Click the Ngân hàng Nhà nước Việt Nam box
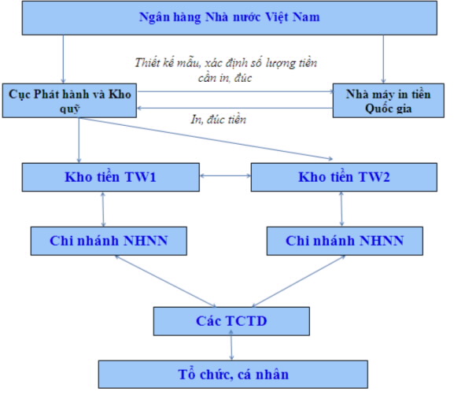230,18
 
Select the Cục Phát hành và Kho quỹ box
69,101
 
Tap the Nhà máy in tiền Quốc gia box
388,101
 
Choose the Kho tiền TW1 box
111,177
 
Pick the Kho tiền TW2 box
344,177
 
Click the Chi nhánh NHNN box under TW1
109,241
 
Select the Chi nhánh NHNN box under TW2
345,241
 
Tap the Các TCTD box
231,321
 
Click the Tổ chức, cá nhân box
233,375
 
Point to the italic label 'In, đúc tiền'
218,120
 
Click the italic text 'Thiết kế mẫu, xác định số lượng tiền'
226,63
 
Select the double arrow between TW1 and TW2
225,175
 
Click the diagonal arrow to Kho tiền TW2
205,138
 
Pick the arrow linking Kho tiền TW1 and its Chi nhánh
103,209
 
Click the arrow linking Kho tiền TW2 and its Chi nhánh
341,209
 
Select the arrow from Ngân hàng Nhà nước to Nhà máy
383,59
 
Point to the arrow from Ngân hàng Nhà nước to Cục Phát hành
63,59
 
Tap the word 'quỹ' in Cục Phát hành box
69,109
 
